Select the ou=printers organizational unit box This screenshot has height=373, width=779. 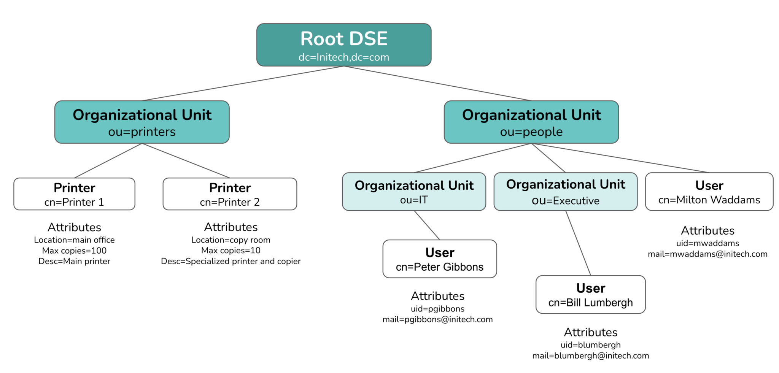142,122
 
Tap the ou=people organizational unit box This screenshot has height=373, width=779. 531,122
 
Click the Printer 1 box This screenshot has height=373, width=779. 74,194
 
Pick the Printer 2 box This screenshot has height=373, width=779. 230,194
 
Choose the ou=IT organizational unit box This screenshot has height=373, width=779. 414,192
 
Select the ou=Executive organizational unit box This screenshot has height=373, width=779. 565,192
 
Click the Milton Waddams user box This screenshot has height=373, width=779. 709,192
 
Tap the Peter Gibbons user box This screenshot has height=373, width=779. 439,259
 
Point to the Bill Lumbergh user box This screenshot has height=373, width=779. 590,295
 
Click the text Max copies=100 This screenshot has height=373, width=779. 74,251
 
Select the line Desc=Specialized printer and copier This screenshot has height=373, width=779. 231,261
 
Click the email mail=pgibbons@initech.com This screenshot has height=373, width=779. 437,319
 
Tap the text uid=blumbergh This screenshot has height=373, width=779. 590,345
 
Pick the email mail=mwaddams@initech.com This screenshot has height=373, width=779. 707,254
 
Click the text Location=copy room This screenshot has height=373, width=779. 231,240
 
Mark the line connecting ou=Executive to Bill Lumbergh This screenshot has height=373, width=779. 578,243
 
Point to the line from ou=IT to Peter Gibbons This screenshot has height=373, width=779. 427,225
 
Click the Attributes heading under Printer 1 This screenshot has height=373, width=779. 74,227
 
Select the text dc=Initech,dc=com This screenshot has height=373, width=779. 343,57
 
